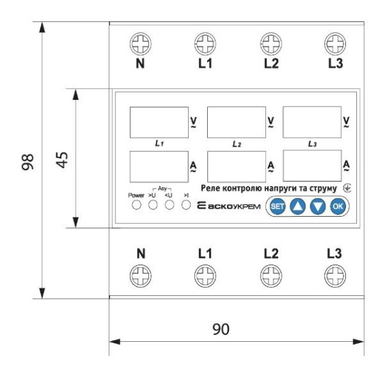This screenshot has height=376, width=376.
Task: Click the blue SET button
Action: coord(278,206)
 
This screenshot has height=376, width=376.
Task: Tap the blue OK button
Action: coord(338,206)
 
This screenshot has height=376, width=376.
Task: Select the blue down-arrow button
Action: coord(318,206)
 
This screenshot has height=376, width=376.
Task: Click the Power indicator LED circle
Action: coord(137,205)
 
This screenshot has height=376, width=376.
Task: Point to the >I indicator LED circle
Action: coord(186,205)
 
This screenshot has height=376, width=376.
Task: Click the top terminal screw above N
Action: coord(141,44)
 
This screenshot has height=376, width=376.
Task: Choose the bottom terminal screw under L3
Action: coord(335,276)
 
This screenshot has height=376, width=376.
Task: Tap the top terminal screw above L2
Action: coord(271,44)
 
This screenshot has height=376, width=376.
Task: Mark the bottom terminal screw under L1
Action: coord(205,276)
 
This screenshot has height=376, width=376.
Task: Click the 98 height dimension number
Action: coord(27,162)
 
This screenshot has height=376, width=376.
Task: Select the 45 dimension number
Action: coord(62,160)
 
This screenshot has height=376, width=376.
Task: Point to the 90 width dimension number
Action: coord(221,329)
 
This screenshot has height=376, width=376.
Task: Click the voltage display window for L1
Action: coord(159,122)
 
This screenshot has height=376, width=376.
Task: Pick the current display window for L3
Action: coord(312,166)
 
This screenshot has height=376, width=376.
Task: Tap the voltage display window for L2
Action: coord(237,122)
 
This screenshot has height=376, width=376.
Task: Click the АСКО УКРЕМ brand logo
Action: coord(229,206)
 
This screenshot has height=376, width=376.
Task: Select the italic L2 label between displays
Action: coord(237,144)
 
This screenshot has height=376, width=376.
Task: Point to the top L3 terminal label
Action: coord(336,64)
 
